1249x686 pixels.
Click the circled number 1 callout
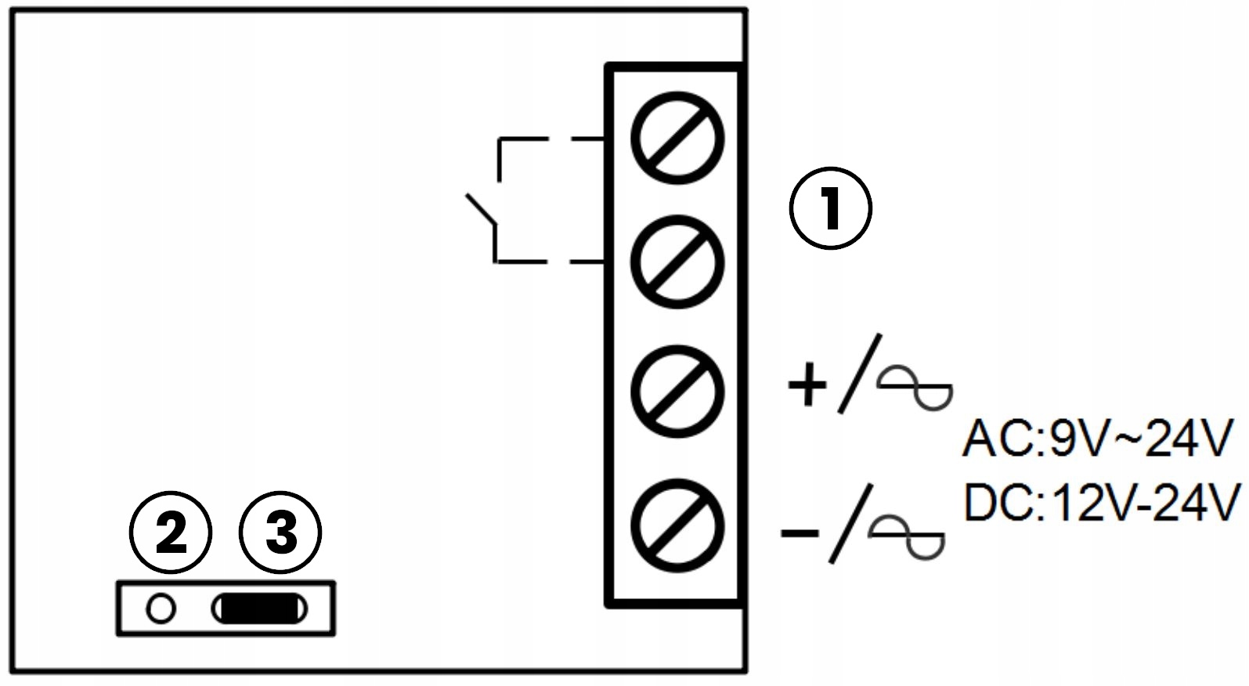[x=830, y=208]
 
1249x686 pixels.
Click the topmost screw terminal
[x=677, y=139]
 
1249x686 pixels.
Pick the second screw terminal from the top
[x=677, y=262]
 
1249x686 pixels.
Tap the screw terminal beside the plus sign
[x=677, y=392]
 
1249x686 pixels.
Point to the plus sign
[x=807, y=385]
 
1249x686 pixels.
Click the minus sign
[x=800, y=533]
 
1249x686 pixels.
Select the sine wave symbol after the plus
[x=915, y=388]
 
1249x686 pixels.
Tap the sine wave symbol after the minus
[x=907, y=536]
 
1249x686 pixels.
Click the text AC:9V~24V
[x=1097, y=439]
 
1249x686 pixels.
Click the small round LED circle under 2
[x=161, y=608]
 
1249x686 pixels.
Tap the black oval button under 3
[x=259, y=609]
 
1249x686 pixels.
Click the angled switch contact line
[x=480, y=210]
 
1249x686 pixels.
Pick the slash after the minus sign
[x=850, y=523]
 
